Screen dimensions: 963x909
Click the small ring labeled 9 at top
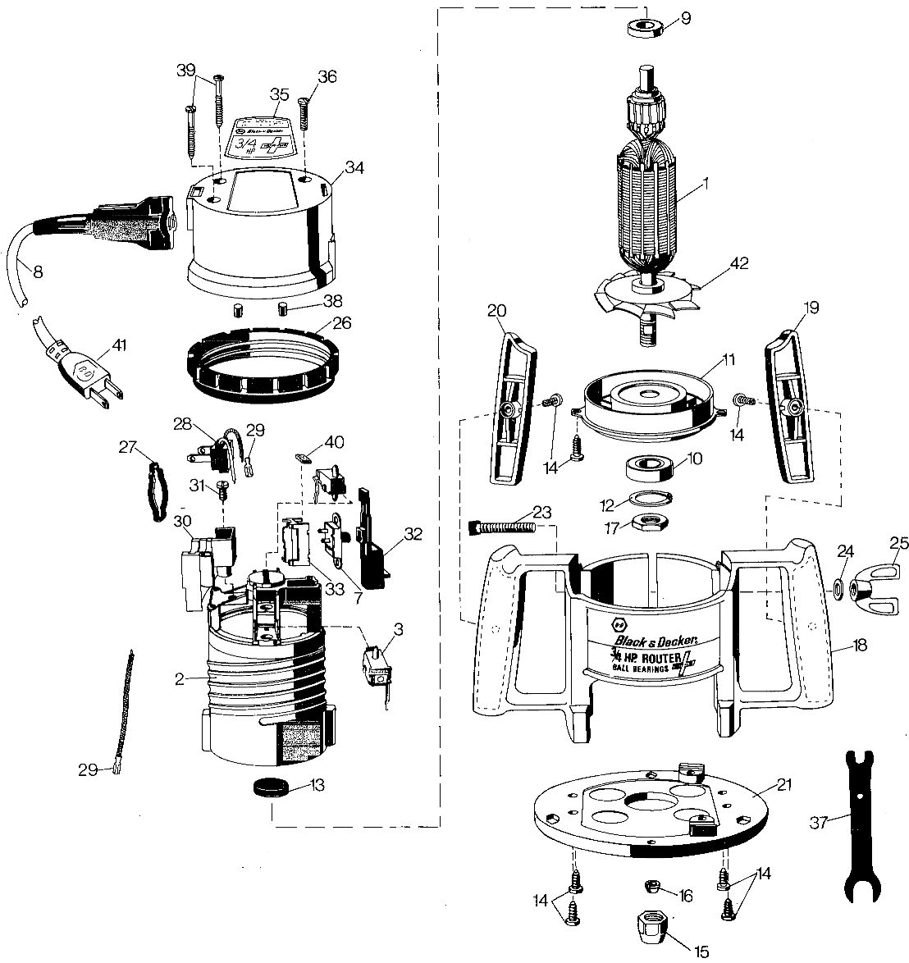point(643,26)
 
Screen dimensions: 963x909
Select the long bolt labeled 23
point(500,525)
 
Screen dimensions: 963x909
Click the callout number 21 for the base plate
point(784,785)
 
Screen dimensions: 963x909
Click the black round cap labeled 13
point(272,788)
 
